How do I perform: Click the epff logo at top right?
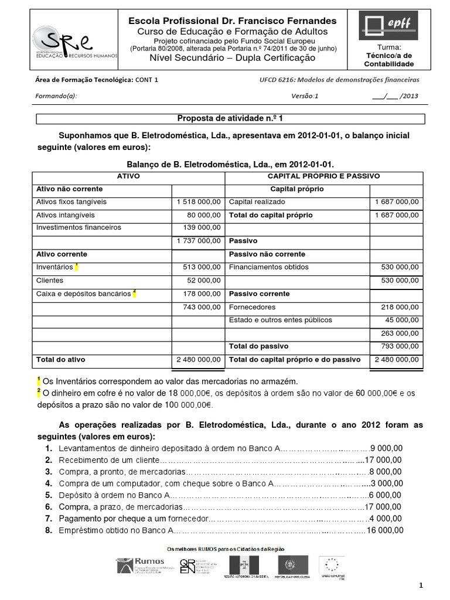(388, 25)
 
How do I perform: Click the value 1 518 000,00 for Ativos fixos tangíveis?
(198, 202)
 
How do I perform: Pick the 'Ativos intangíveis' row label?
(62, 215)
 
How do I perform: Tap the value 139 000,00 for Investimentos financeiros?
(202, 227)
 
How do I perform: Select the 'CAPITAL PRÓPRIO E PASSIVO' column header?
(323, 176)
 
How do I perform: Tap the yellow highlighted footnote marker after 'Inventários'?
(77, 267)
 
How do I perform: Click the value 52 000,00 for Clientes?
(203, 280)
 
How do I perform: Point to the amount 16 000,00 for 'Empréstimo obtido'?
(384, 530)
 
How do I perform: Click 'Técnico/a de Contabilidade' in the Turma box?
(388, 60)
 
